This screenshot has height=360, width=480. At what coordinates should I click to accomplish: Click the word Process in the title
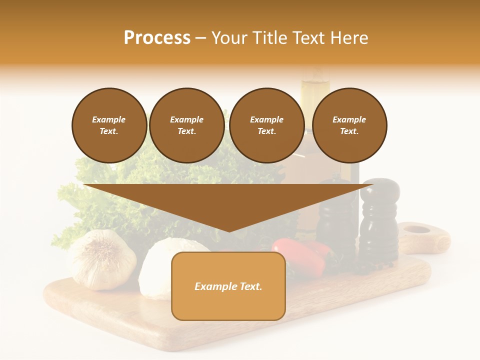157,38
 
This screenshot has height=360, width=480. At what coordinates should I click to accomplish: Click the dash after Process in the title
201,38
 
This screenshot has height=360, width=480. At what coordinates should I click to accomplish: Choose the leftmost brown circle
109,125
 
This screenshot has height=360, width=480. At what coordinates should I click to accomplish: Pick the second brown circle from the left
186,125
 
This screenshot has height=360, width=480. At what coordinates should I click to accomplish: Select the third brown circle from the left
266,125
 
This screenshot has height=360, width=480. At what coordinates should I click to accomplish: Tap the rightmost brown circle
349,125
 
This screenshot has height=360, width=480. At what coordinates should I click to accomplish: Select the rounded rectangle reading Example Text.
228,286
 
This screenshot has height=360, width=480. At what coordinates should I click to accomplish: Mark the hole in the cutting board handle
416,230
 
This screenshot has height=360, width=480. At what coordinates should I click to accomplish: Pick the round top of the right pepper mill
380,189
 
